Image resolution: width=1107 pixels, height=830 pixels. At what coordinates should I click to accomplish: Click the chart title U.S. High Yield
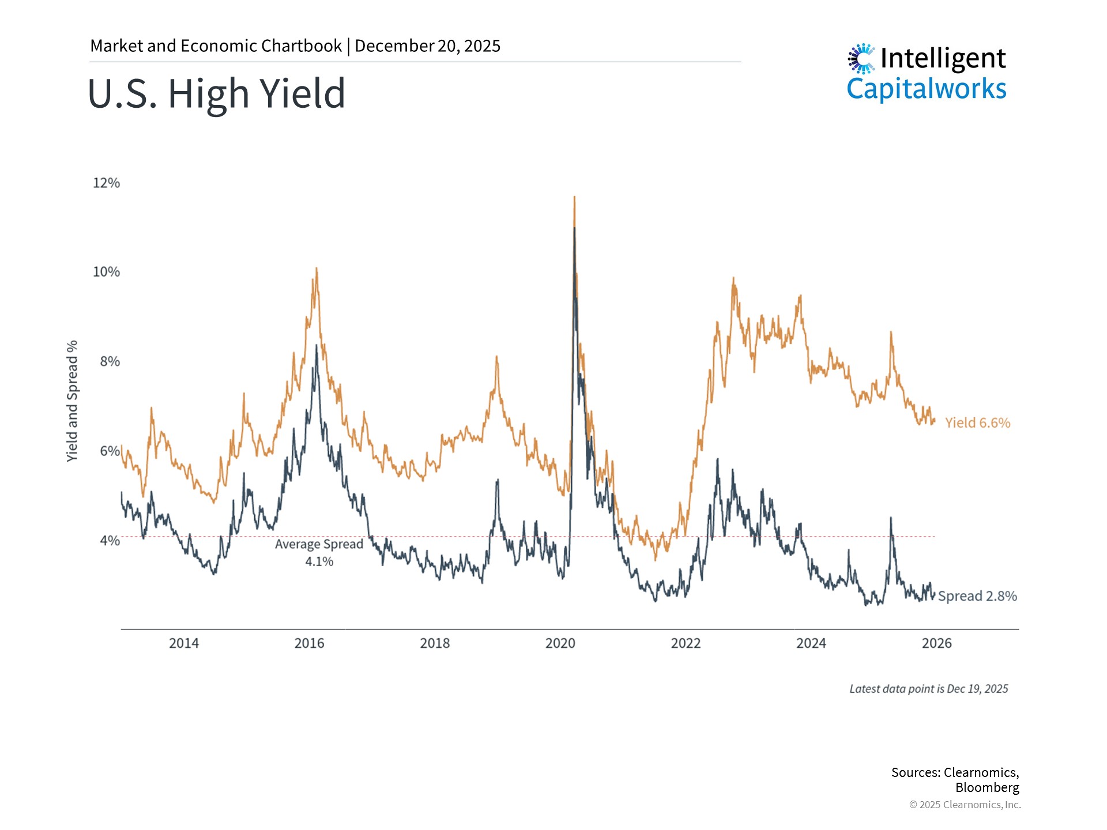tap(216, 93)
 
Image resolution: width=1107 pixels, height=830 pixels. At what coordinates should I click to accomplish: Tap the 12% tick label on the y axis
tap(106, 183)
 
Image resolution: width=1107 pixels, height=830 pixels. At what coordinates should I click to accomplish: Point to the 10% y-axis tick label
tap(106, 271)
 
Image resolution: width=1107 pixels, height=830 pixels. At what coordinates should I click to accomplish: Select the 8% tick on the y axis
tap(110, 361)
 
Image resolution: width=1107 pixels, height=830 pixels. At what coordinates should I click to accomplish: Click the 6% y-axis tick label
tap(110, 451)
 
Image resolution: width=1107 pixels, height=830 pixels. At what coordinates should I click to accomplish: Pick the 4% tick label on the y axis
tap(110, 541)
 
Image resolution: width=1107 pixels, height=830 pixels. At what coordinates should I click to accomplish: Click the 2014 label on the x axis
tap(184, 643)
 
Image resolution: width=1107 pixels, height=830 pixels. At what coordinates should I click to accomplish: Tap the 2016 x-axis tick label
tap(309, 643)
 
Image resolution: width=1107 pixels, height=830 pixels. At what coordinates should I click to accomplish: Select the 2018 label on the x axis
tap(435, 643)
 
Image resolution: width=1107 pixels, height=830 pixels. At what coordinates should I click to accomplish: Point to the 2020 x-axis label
tap(560, 643)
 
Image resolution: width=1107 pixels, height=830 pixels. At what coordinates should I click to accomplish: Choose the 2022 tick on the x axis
tap(686, 643)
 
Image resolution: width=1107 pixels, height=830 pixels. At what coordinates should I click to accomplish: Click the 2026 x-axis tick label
tap(936, 643)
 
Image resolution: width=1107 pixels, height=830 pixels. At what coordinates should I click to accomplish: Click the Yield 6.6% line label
tap(977, 423)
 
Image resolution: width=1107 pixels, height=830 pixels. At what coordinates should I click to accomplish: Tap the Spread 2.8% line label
tap(977, 596)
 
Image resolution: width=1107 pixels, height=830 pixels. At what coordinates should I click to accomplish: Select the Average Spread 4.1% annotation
tap(319, 552)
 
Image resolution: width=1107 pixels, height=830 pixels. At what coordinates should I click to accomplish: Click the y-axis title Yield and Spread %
tap(72, 401)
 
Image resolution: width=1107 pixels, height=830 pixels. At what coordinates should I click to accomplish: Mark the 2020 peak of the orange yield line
tap(574, 198)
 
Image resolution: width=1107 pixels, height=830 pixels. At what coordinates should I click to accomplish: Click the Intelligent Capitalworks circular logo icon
tap(861, 59)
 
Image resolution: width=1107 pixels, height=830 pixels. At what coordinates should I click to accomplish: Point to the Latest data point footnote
tap(928, 689)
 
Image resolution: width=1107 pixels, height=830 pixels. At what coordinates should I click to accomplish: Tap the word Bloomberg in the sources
tap(987, 787)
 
